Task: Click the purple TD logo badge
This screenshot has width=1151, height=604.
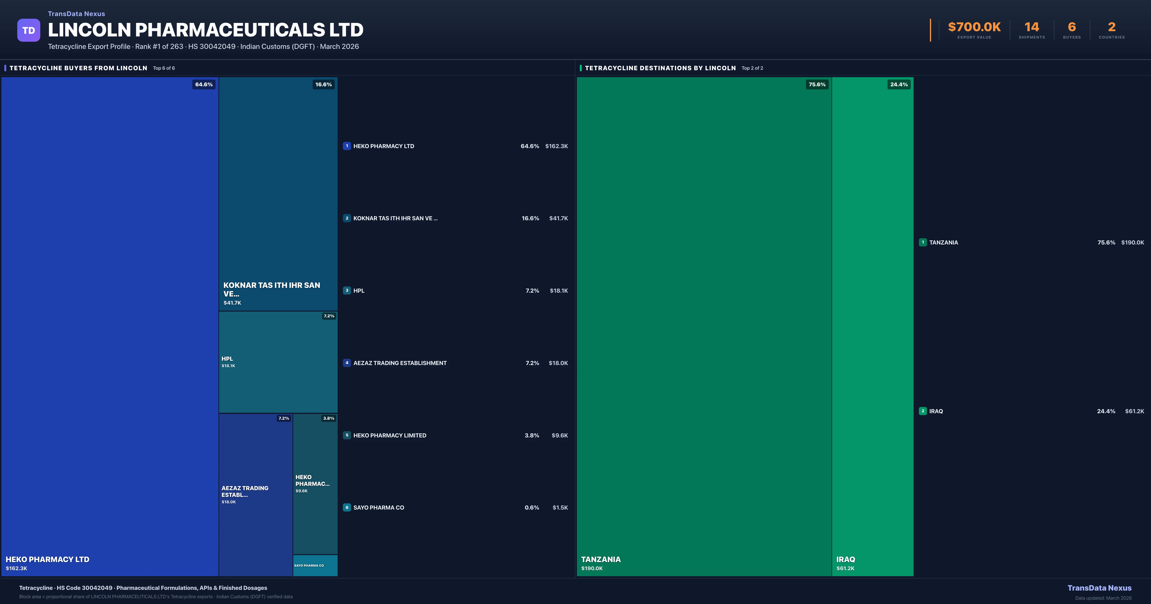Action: coord(29,30)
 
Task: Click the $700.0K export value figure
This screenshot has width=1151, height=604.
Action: coord(974,27)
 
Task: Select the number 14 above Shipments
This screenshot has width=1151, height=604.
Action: coord(1032,27)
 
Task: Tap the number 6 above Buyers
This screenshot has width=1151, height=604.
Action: coord(1071,27)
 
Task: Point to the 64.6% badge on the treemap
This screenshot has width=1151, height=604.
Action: coord(204,84)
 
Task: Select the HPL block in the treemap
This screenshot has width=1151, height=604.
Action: coord(278,362)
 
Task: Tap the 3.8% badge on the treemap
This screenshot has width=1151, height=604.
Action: coord(329,418)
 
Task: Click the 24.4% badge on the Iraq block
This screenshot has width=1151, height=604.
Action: coord(898,84)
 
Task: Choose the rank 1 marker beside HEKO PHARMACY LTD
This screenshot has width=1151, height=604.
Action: coord(347,146)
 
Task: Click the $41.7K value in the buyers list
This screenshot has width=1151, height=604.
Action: coord(558,218)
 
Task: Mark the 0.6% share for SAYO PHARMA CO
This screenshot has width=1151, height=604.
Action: coord(532,507)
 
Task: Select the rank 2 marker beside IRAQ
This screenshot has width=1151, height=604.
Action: coord(923,411)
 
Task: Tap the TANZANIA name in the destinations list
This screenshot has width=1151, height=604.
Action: coord(943,243)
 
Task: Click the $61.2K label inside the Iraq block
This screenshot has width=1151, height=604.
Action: coord(845,568)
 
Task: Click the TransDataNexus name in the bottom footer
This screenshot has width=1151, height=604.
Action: coord(1099,588)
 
